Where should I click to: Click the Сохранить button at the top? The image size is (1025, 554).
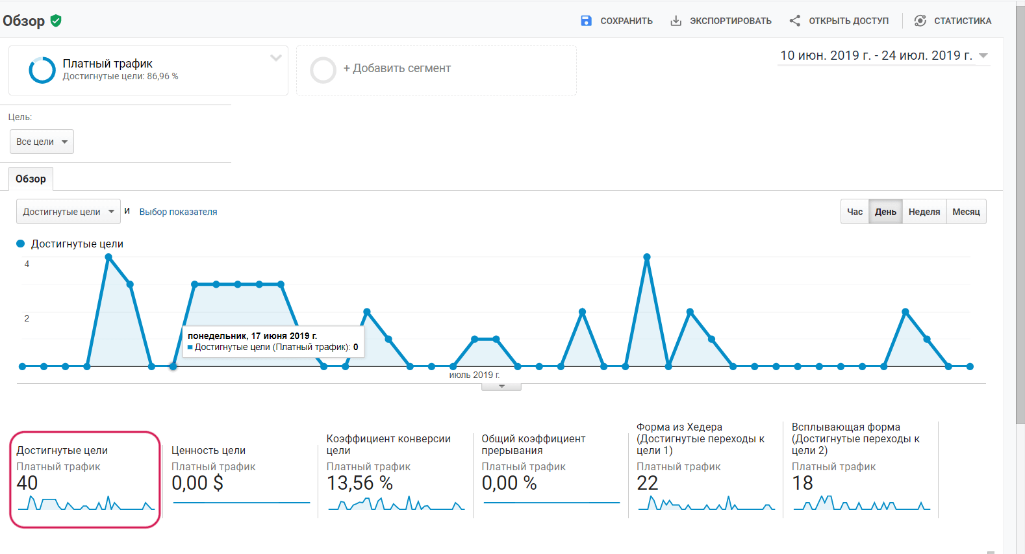pos(617,21)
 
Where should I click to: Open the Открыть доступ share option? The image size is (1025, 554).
pos(839,21)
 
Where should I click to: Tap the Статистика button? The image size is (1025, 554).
pos(953,21)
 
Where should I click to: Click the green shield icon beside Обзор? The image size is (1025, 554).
pos(56,21)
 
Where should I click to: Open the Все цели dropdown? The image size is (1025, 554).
pos(42,142)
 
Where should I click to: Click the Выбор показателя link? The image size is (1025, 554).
pos(178,212)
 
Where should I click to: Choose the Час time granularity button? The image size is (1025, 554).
pos(855,212)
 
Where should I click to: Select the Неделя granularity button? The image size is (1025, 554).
pos(924,212)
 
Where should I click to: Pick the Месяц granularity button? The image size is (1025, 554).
pos(966,212)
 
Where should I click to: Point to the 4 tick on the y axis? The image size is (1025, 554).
pos(27,264)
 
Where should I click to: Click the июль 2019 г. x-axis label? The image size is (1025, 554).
pos(474,375)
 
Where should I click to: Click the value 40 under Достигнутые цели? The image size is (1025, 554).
pos(27,483)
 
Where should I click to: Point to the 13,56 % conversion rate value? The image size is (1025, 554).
pos(359,483)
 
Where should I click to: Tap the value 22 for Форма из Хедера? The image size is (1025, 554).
pos(648,483)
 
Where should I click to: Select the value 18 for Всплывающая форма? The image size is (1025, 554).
pos(802,483)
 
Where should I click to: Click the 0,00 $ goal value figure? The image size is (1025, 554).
pos(197,483)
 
